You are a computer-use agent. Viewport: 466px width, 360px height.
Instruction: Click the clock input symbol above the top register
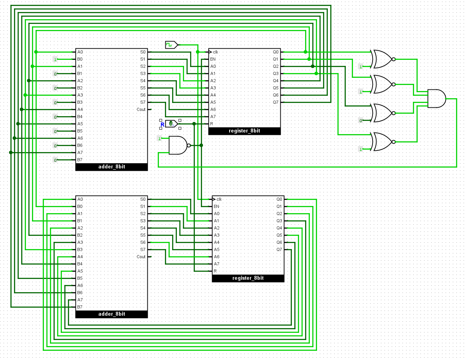(172, 45)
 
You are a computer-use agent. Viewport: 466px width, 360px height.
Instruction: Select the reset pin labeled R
(171, 124)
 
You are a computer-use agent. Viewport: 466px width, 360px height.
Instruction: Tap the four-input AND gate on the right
(436, 99)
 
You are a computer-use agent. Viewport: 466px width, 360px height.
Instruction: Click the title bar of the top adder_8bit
(111, 167)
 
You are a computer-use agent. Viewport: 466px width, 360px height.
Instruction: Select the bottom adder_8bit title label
(111, 314)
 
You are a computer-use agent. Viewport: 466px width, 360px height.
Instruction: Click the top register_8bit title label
(244, 131)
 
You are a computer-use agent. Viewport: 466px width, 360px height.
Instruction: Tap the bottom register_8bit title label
(248, 278)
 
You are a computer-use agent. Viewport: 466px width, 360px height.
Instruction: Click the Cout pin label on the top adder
(141, 110)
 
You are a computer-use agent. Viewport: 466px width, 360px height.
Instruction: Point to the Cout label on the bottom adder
(141, 257)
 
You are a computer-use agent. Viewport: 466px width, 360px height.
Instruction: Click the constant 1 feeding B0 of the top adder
(55, 59)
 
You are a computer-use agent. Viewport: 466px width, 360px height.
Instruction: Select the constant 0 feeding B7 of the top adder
(55, 160)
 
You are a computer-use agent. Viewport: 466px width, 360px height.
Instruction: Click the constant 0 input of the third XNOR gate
(361, 121)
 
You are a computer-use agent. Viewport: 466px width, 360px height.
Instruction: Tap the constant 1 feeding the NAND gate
(160, 138)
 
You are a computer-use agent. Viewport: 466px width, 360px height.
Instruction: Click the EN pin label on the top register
(213, 59)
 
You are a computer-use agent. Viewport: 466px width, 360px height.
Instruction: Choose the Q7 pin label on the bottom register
(279, 249)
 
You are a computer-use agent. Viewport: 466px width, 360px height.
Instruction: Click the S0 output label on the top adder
(143, 52)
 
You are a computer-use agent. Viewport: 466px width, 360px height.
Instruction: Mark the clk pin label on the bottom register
(219, 199)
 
